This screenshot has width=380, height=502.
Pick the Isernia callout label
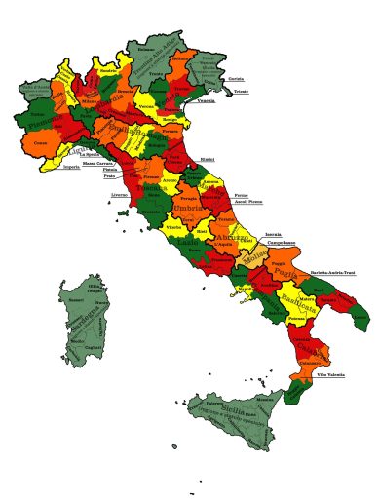273,234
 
